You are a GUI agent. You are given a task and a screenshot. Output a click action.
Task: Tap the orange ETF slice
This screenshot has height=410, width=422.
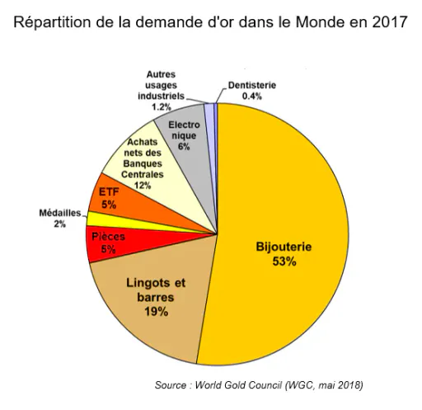(x=132, y=205)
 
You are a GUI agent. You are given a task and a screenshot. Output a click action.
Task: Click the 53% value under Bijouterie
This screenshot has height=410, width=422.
(x=284, y=261)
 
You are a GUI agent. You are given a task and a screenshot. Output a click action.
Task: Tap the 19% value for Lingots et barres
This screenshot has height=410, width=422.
(x=156, y=312)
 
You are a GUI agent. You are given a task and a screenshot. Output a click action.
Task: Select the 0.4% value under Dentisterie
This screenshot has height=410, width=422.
(x=251, y=97)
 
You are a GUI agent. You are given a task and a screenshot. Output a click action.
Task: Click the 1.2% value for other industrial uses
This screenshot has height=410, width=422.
(x=162, y=106)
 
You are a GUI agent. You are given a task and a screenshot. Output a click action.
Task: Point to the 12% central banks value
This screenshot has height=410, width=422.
(x=143, y=186)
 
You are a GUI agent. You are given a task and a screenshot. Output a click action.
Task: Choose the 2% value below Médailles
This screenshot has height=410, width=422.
(x=59, y=224)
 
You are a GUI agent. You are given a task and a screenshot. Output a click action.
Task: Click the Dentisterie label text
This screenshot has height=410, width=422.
(x=252, y=85)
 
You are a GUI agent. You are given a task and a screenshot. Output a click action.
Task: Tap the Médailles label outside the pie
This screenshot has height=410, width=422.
(x=60, y=213)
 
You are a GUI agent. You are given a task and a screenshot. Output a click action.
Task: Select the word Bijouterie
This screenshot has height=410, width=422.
(x=284, y=247)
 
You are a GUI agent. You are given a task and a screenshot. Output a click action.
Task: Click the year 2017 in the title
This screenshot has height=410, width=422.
(x=390, y=22)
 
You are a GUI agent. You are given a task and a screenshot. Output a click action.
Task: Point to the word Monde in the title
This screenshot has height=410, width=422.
(x=320, y=22)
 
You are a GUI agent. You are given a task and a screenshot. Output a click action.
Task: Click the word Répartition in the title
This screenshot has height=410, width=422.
(x=52, y=22)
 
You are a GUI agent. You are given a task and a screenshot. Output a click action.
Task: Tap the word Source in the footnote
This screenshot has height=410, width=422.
(x=171, y=384)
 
